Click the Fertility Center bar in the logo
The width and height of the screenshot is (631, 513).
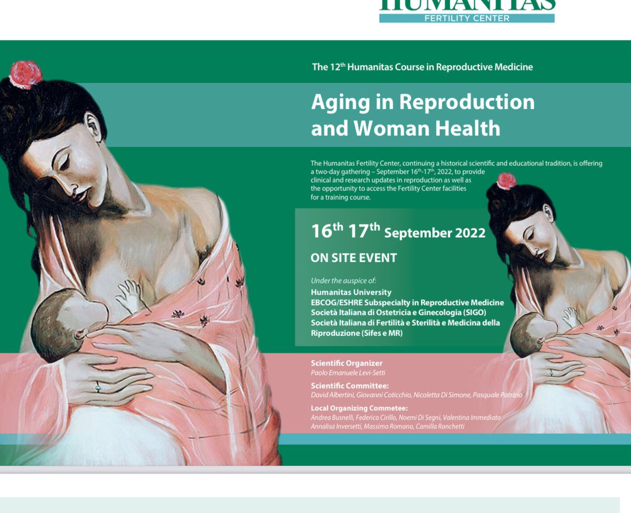467,18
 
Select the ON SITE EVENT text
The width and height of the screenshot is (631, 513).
354,258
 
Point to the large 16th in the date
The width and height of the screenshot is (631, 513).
327,231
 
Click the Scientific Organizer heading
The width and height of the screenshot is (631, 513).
347,363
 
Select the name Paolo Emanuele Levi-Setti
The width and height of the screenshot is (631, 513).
348,373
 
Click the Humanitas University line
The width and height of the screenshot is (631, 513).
351,292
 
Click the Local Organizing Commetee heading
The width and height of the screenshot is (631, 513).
359,408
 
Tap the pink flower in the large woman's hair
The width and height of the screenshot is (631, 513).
25,74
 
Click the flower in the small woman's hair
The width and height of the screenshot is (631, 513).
506,180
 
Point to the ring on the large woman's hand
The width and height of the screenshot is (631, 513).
98,388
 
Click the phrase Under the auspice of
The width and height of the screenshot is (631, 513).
343,280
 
